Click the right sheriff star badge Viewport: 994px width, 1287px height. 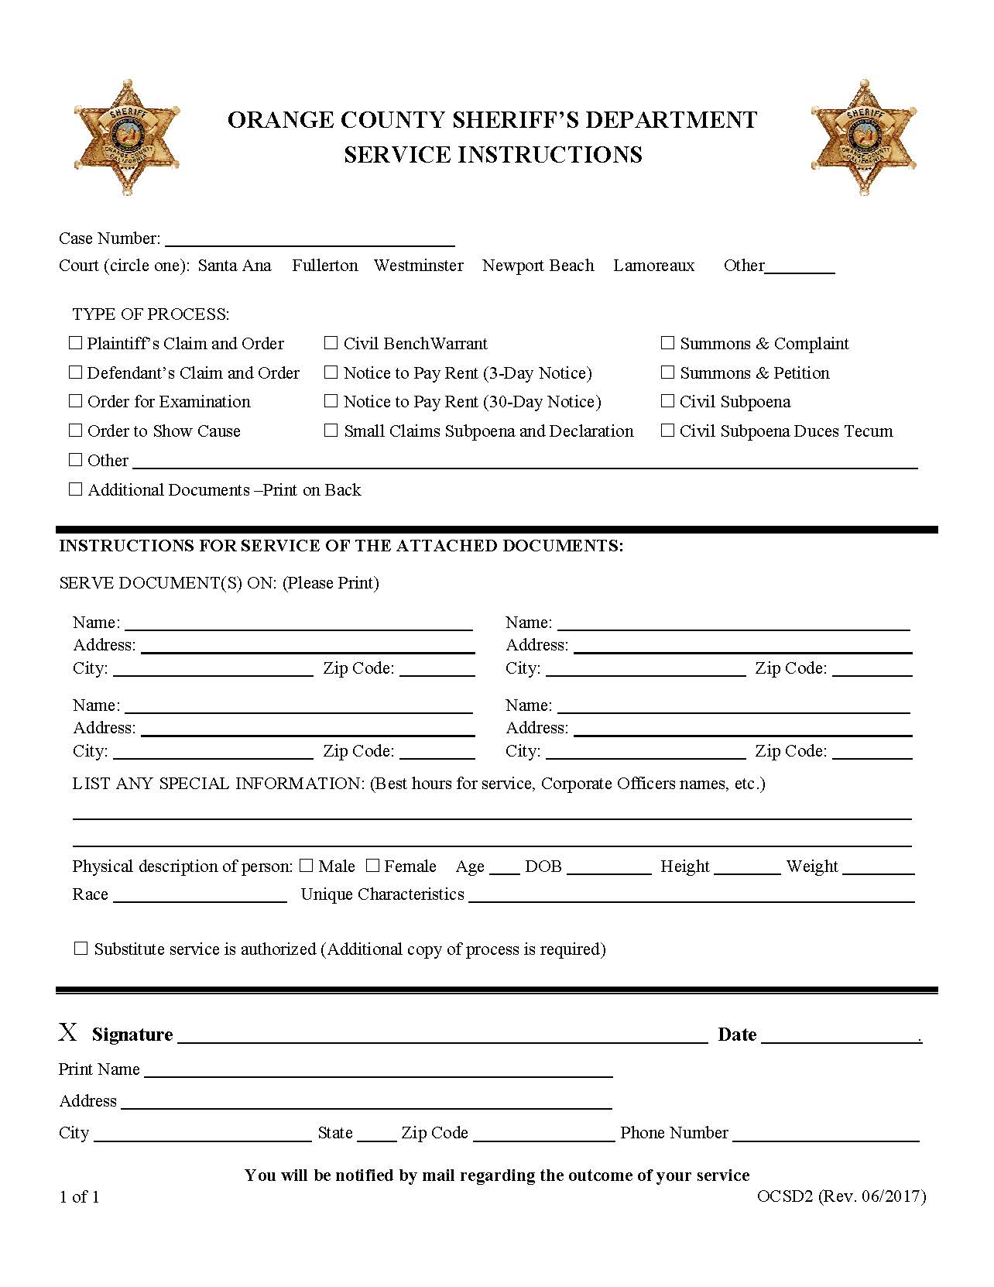click(x=865, y=137)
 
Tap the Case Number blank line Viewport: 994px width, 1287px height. click(x=310, y=240)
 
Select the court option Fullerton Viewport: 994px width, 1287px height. click(x=324, y=266)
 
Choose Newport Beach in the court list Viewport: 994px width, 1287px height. click(x=538, y=266)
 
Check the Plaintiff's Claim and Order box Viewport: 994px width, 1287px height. click(x=76, y=342)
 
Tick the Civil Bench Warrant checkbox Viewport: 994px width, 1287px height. click(x=331, y=342)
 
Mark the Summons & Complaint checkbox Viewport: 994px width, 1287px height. click(x=667, y=342)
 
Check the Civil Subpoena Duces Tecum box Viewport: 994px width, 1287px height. click(x=667, y=431)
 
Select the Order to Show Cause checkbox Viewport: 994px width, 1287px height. click(x=76, y=431)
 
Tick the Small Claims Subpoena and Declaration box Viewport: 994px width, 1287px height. click(x=331, y=431)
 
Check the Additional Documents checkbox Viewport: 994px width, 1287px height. click(x=76, y=489)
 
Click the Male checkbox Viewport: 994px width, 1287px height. click(x=307, y=866)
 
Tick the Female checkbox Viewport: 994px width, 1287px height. click(x=373, y=866)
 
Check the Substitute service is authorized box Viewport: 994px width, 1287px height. click(x=81, y=949)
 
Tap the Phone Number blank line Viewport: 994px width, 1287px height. click(x=825, y=1135)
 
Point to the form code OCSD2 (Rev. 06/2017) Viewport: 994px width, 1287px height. click(x=841, y=1196)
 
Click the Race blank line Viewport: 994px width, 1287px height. click(x=200, y=897)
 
